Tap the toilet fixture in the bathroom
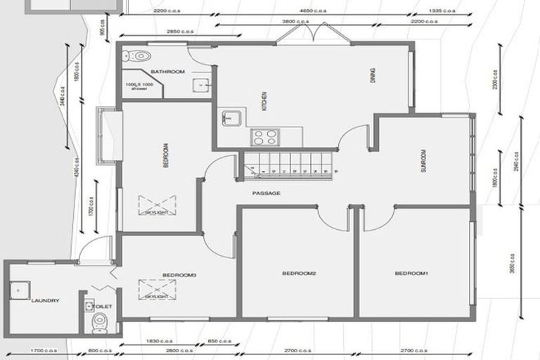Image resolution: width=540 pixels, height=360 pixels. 140,55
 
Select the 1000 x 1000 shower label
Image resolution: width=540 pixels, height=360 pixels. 138,86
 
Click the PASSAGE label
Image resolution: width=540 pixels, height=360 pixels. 266,193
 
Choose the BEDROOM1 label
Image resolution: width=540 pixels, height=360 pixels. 411,273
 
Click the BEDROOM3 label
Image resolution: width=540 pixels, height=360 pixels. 179,274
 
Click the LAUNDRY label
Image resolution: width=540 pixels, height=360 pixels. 45,300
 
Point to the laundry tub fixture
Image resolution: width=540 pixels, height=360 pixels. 18,288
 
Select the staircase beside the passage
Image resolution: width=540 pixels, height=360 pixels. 288,163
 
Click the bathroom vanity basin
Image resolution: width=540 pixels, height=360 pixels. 200,84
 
